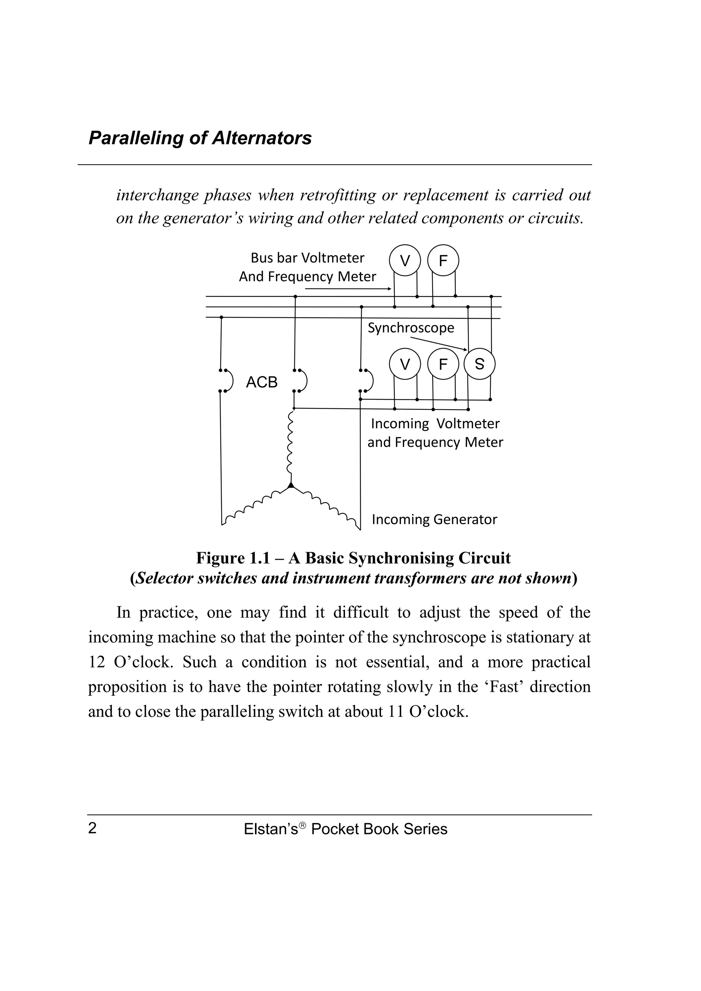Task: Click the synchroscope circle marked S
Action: (x=480, y=364)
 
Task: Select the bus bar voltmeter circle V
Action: (x=405, y=260)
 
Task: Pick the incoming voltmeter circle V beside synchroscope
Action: (x=405, y=364)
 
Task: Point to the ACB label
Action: (x=261, y=382)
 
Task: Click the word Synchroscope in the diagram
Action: (x=411, y=328)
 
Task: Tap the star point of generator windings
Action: (x=291, y=486)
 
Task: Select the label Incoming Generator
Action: (x=434, y=519)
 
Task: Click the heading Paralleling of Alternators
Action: (x=200, y=138)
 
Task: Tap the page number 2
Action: (x=92, y=828)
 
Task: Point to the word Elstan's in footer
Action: (x=271, y=829)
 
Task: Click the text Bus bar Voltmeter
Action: (x=307, y=258)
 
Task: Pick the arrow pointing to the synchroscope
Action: (x=438, y=344)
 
